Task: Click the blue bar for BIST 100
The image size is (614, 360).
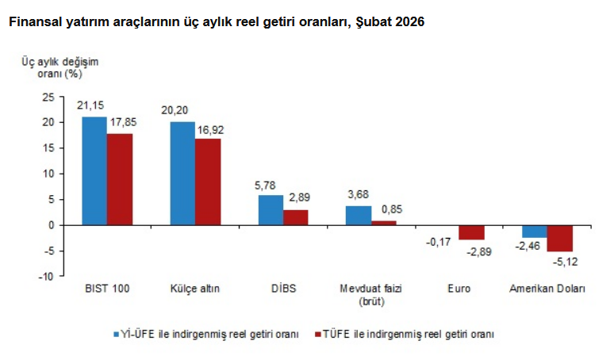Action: tap(94, 170)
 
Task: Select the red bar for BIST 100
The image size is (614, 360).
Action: tap(120, 179)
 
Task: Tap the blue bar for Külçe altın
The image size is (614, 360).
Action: tap(182, 173)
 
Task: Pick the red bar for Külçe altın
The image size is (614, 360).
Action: tap(208, 182)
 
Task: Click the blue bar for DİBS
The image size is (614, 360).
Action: tap(271, 210)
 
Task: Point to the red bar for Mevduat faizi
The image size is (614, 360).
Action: tap(384, 223)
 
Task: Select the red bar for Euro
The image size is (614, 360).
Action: tap(471, 232)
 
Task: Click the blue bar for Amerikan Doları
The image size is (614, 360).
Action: tap(534, 232)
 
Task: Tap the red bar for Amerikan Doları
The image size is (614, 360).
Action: tap(559, 238)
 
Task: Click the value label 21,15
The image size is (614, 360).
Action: tap(90, 105)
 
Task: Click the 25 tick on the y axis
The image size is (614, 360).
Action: tap(48, 97)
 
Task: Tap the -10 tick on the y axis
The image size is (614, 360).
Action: tap(47, 277)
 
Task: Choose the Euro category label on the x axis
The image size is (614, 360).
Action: tap(459, 289)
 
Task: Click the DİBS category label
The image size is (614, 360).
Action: tap(282, 289)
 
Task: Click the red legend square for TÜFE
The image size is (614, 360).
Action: tap(317, 334)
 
